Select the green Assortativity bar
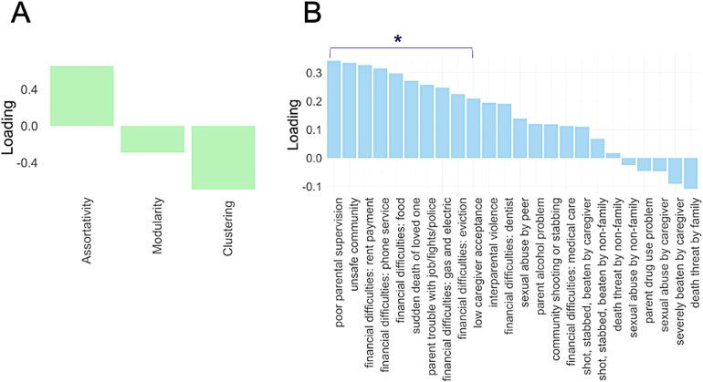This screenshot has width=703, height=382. pos(81,96)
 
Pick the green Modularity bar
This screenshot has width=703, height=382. pos(152,139)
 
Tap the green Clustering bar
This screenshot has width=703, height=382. pos(223,157)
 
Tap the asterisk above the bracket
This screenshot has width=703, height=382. pos(397,40)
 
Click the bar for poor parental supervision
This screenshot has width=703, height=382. pos(334,109)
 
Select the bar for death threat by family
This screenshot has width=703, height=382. pos(690,173)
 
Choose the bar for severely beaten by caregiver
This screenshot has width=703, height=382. pos(675,170)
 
